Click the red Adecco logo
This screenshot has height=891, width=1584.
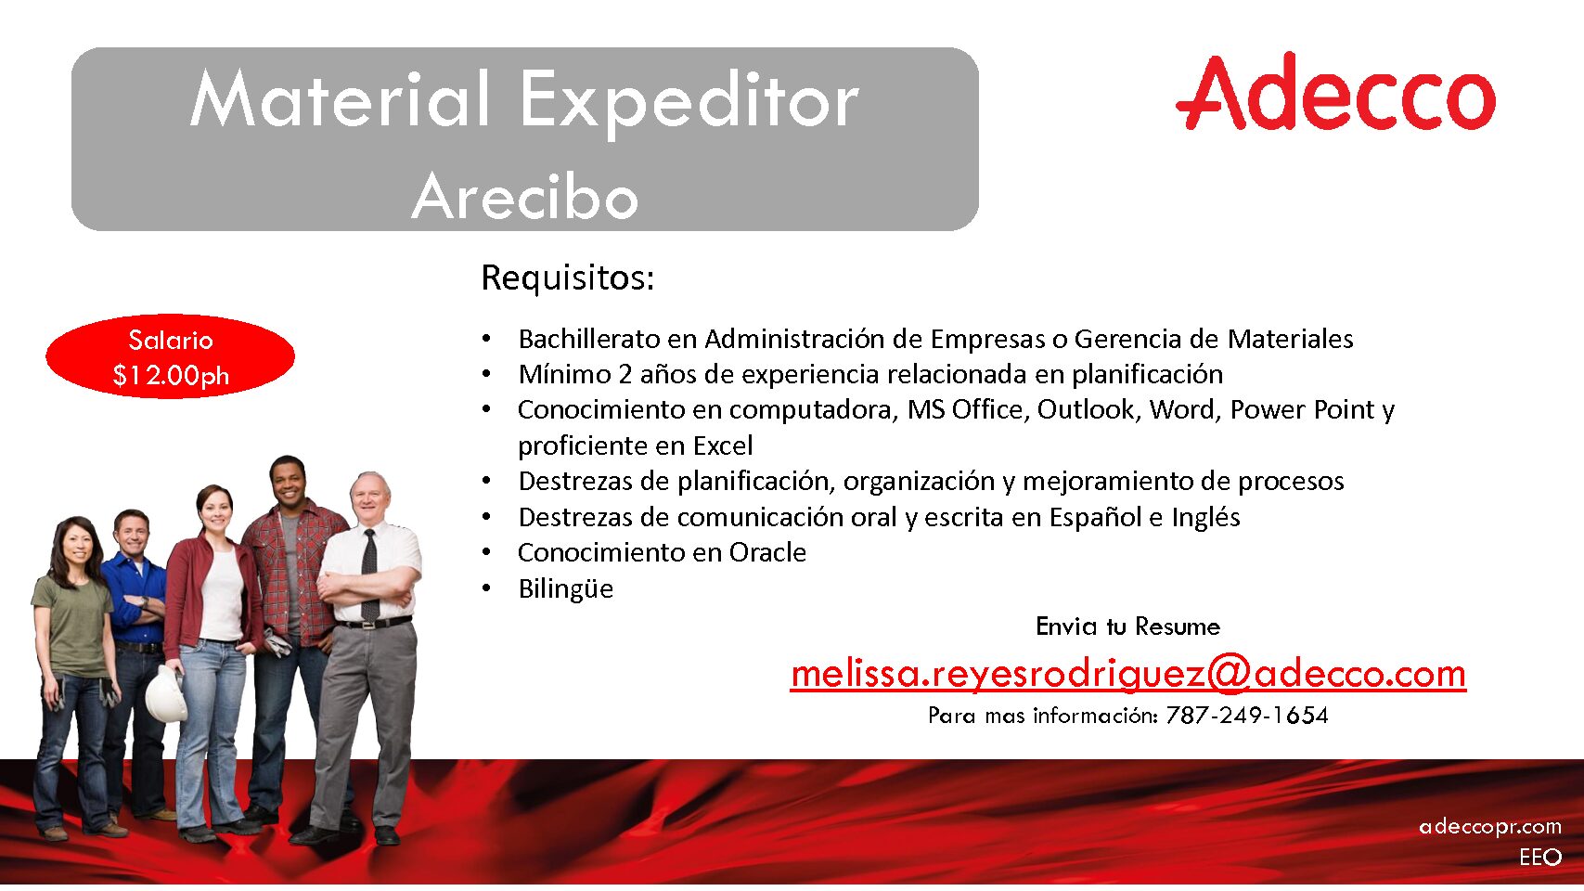point(1335,91)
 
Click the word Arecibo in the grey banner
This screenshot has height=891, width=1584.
point(525,196)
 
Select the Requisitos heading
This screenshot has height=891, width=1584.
point(567,278)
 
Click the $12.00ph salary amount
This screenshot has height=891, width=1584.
point(171,375)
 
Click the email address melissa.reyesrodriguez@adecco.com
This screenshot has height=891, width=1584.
point(1127,673)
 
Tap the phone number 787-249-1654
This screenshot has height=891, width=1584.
point(1247,715)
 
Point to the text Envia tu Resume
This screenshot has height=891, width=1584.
point(1127,626)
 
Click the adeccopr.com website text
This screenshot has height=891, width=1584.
point(1490,827)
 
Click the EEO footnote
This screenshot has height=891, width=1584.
point(1540,857)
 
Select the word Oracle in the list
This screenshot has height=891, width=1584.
point(767,552)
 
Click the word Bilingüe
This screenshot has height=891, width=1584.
point(566,588)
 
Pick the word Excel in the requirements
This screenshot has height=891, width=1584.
point(723,445)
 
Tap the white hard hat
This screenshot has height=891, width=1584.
point(165,693)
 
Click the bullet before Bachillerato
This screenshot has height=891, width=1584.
point(486,339)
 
